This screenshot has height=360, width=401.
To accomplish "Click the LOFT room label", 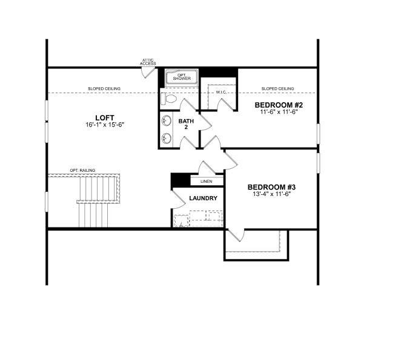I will click(104, 117).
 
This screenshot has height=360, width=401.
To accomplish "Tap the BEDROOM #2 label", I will click(278, 105).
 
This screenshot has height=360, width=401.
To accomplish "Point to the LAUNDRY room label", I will click(203, 198).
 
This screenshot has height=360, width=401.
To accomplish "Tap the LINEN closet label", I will click(206, 181).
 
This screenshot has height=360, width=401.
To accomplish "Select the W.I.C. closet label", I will click(222, 93).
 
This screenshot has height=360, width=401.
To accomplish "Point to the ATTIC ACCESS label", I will click(149, 62).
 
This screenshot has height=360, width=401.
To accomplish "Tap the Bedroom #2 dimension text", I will click(278, 112).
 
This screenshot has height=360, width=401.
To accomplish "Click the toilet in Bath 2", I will click(169, 98).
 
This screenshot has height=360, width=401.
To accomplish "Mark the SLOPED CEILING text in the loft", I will click(104, 89).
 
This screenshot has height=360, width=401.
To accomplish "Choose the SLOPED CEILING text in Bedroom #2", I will click(278, 89).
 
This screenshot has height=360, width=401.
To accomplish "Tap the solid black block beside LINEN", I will click(181, 180).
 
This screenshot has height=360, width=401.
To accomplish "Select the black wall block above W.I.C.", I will click(219, 72).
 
